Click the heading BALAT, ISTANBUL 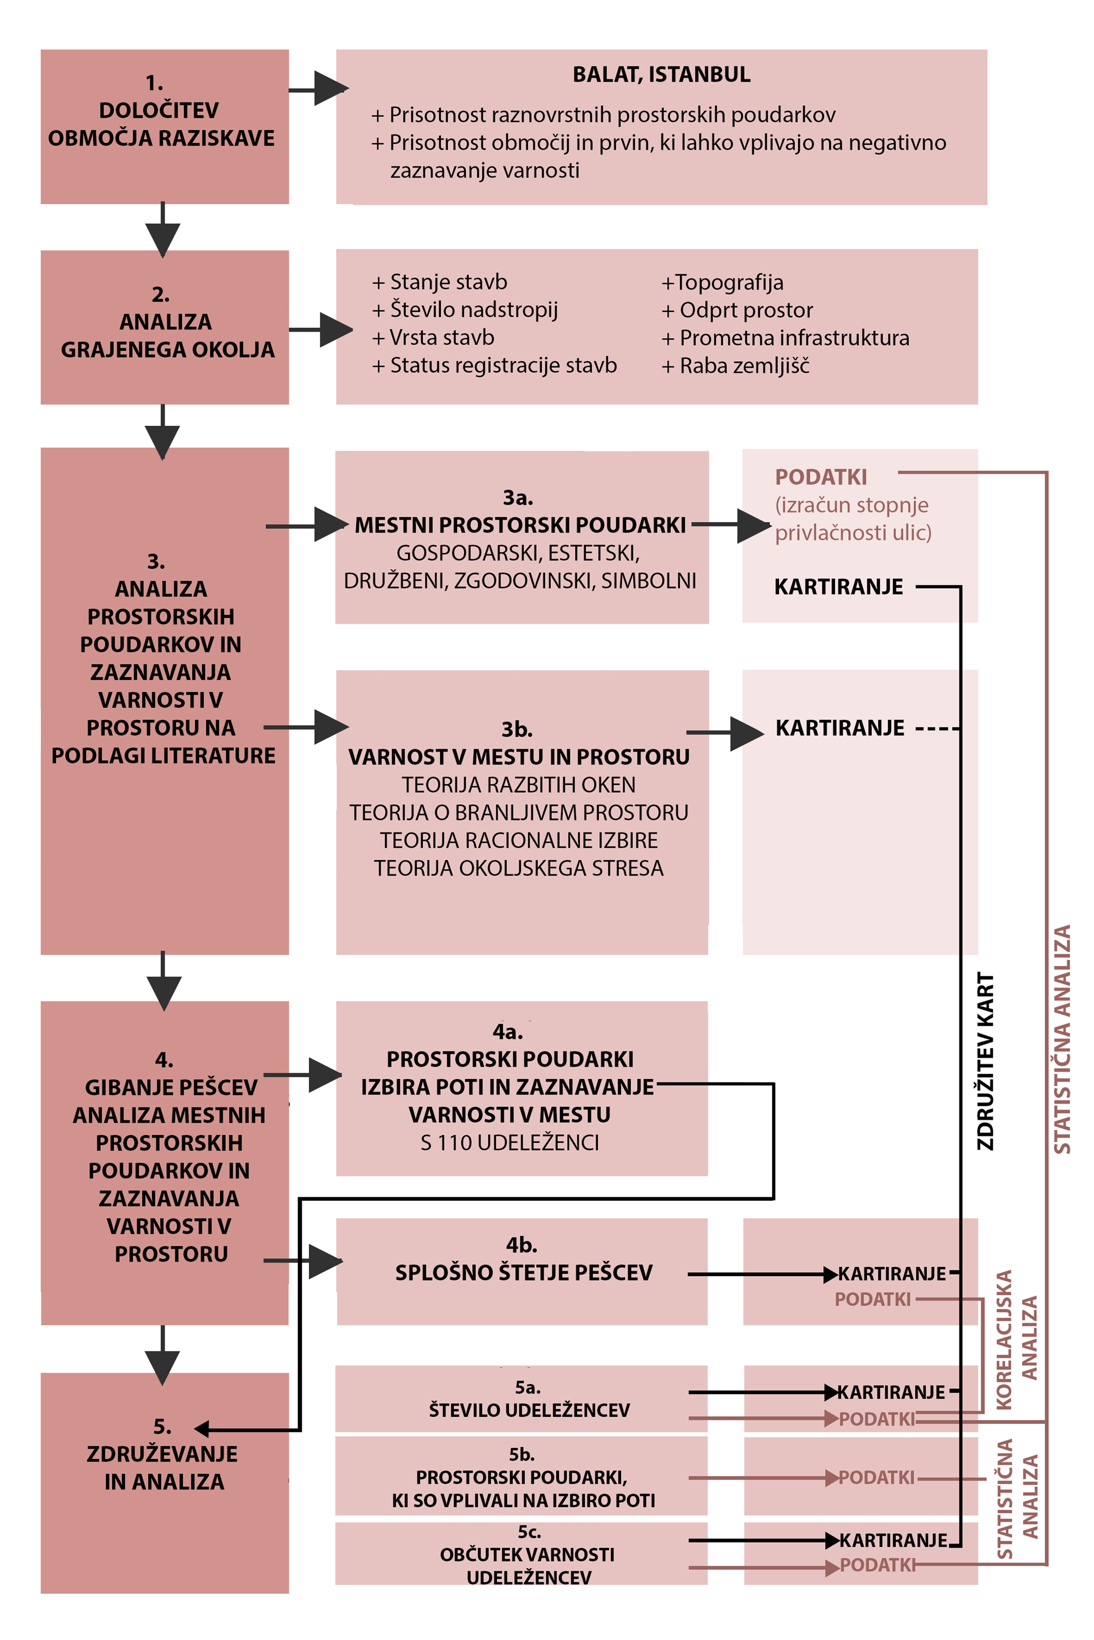[x=661, y=75]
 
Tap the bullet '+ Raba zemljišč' [x=736, y=366]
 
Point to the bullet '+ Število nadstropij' [x=465, y=310]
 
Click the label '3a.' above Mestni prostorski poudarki [x=518, y=498]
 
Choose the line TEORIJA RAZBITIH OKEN [x=518, y=785]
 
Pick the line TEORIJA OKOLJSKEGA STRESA [x=518, y=868]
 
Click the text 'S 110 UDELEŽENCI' [x=509, y=1143]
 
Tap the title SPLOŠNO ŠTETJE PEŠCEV [x=523, y=1272]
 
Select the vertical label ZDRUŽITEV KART [x=984, y=1061]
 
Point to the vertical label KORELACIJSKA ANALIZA [x=1016, y=1339]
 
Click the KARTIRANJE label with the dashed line [x=840, y=728]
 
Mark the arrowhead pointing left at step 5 [x=202, y=1429]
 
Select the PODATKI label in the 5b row [x=876, y=1478]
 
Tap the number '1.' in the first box [x=154, y=83]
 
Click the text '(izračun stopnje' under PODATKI [x=851, y=505]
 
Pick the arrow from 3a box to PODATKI [x=750, y=525]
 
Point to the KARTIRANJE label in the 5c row [x=893, y=1540]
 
